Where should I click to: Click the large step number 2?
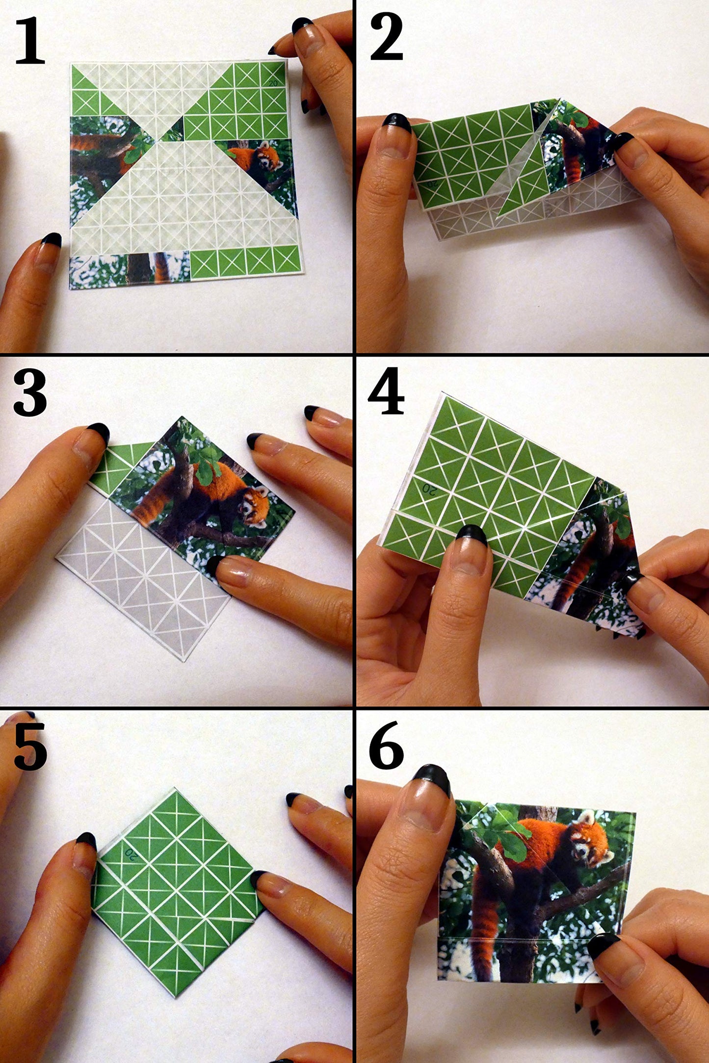click(x=387, y=38)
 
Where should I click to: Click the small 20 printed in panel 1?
click(x=273, y=83)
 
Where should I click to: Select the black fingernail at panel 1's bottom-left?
click(x=51, y=239)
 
